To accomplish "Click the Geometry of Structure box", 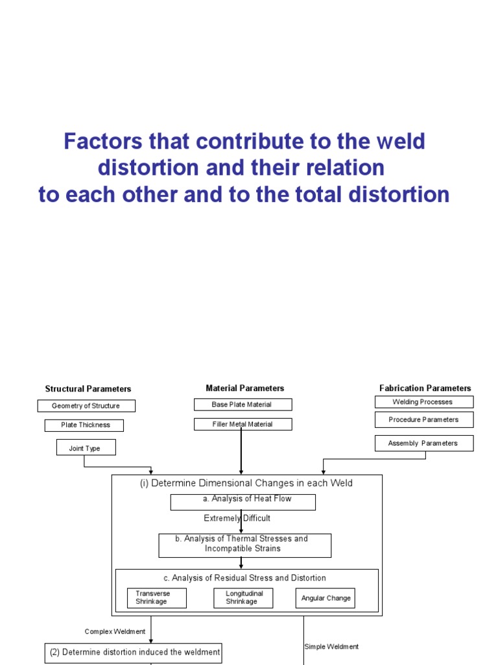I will coord(86,406).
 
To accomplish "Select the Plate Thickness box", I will coord(84,425).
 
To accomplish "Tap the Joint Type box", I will coord(86,447).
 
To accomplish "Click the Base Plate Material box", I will coord(243,405).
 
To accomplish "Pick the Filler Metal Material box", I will coord(243,424).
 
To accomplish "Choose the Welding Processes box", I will coord(423,402).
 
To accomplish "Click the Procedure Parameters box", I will coord(423,420).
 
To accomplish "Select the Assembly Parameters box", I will coord(423,444).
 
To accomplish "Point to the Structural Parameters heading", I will coord(88,389).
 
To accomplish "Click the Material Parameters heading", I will coord(244,388).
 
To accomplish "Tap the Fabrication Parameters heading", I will coord(425,388).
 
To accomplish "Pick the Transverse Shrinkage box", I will coord(157,597).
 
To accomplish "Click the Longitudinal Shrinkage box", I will coord(243,597).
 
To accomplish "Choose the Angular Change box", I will coord(326,598).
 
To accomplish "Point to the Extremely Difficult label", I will coord(237,518).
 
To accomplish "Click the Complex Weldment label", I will coord(115,631).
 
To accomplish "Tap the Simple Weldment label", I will coord(331,647).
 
